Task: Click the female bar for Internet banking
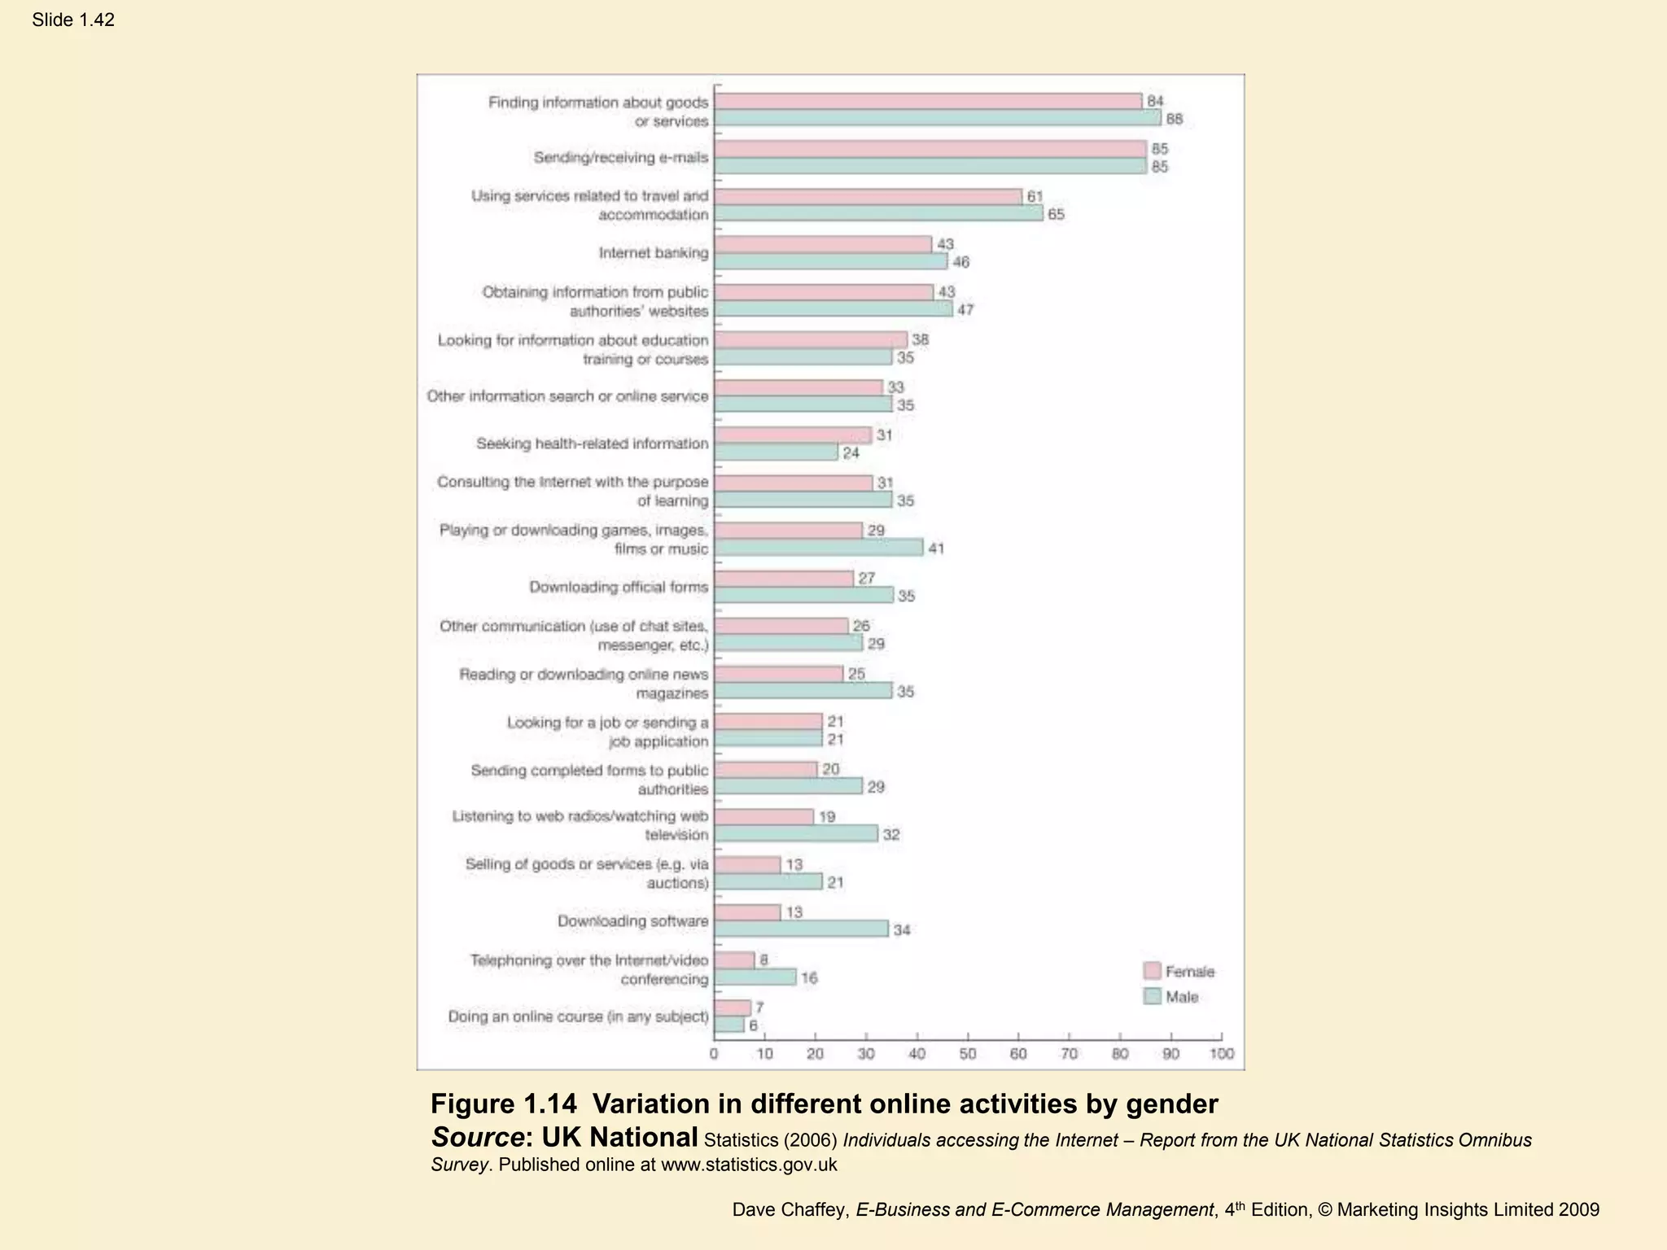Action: [822, 244]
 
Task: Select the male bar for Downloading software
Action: [801, 929]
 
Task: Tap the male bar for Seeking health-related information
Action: [776, 452]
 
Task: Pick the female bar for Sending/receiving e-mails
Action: [930, 149]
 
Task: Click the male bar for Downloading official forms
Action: [803, 595]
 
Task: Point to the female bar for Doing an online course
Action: [733, 1008]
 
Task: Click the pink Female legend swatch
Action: [1152, 971]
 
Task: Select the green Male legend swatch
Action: [1152, 996]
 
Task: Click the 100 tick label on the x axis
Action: [1222, 1054]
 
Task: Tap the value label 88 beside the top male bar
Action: [1174, 119]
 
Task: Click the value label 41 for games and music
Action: [936, 549]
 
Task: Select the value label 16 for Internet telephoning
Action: [808, 978]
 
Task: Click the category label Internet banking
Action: [654, 253]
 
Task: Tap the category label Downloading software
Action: [632, 921]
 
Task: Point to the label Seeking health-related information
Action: [592, 444]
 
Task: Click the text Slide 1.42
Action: [73, 20]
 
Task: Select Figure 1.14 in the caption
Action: [503, 1104]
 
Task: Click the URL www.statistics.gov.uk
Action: [749, 1165]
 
